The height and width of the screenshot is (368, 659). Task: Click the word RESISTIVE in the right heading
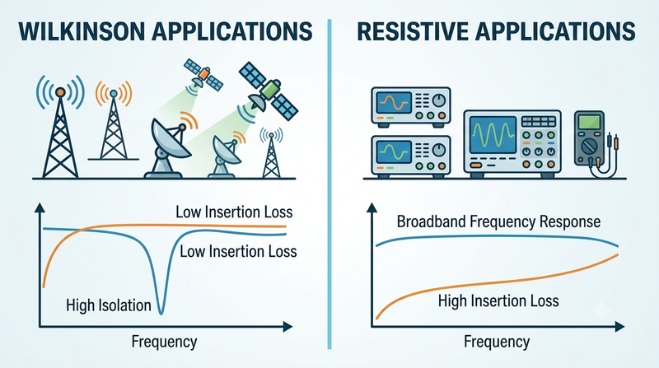413,31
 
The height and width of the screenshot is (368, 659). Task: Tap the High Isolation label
109,305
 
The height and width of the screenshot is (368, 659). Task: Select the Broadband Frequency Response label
498,221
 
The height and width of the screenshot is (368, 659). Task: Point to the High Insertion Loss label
498,300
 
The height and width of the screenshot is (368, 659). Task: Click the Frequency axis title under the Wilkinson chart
164,342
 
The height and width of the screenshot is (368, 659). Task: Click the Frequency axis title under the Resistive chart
497,342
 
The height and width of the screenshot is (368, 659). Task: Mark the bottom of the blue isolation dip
161,313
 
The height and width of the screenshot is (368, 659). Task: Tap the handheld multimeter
589,138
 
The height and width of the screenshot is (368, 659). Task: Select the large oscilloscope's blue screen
493,135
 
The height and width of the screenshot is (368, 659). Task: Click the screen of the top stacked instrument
394,103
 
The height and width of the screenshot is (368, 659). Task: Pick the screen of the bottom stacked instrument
394,151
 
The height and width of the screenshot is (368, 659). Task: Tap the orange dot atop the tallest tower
60,91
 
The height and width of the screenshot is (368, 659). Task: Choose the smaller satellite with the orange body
203,76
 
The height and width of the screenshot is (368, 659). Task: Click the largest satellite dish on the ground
167,147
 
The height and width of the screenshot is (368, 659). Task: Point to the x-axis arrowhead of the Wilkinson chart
287,326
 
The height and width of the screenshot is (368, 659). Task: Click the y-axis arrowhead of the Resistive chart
372,207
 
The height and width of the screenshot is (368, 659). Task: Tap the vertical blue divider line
329,184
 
